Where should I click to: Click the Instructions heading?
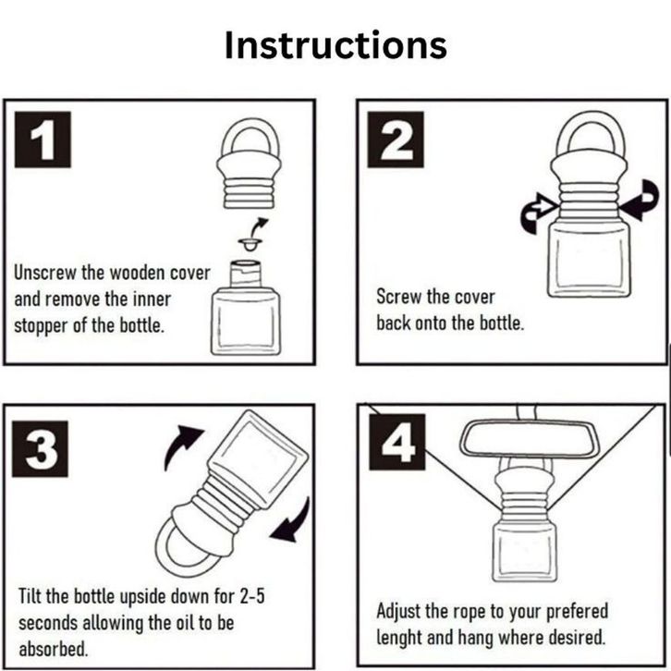pyautogui.click(x=335, y=45)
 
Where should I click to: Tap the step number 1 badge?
pyautogui.click(x=43, y=140)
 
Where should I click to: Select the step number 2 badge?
pyautogui.click(x=396, y=140)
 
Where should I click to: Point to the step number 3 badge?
pyautogui.click(x=41, y=449)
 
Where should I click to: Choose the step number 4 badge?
pyautogui.click(x=397, y=442)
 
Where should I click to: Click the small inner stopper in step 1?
pyautogui.click(x=250, y=245)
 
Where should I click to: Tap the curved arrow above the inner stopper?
pyautogui.click(x=260, y=226)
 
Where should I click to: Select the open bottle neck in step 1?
pyautogui.click(x=245, y=274)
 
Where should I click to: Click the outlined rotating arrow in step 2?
pyautogui.click(x=538, y=213)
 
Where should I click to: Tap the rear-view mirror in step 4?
pyautogui.click(x=524, y=440)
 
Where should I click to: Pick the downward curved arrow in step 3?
pyautogui.click(x=292, y=520)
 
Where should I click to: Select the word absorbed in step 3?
pyautogui.click(x=53, y=649)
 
